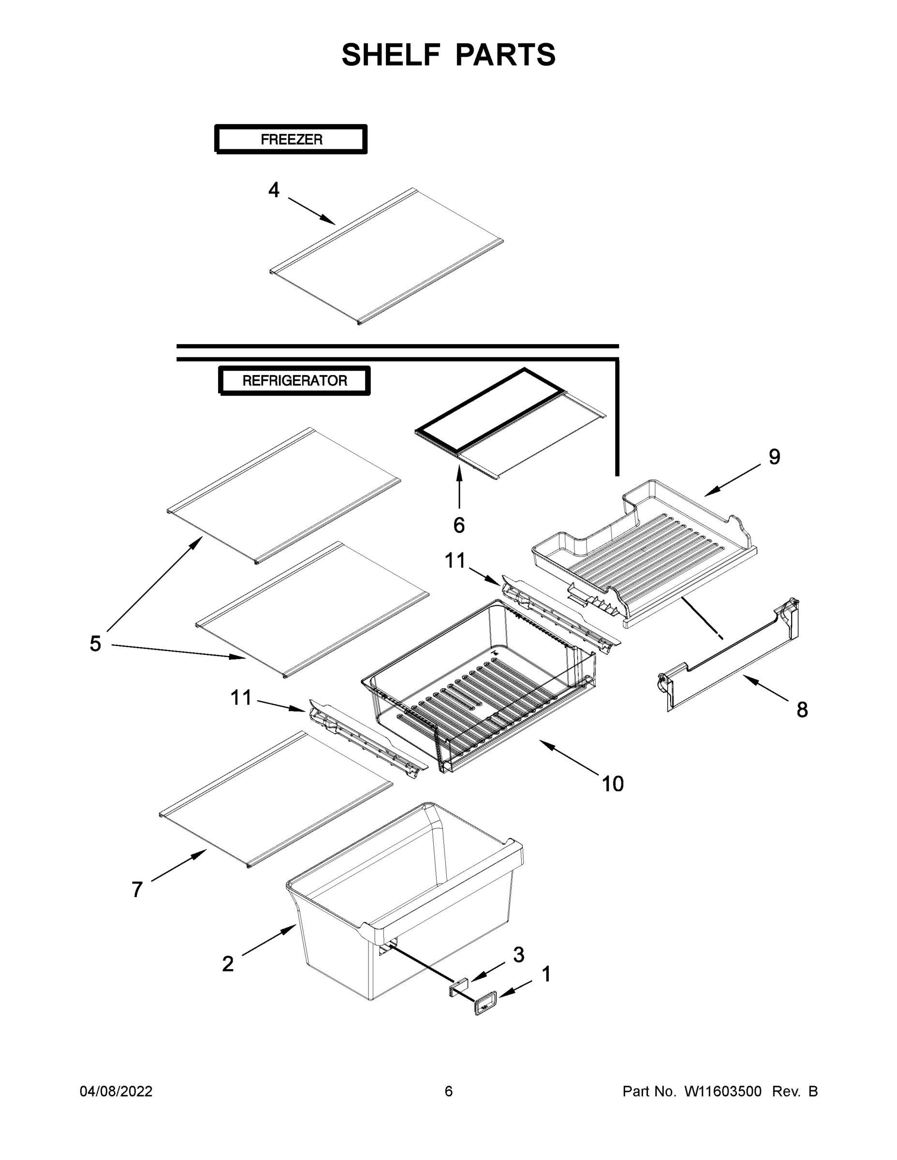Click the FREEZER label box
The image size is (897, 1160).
point(291,140)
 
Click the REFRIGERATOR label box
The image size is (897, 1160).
point(294,380)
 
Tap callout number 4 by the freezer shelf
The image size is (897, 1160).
point(274,189)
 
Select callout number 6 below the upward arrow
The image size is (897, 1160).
point(459,525)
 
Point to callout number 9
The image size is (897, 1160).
point(774,456)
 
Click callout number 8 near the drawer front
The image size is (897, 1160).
point(802,710)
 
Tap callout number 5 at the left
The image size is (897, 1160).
point(95,643)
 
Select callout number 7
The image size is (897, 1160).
point(137,889)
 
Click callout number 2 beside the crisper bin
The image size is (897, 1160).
point(227,963)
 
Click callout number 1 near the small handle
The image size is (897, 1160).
point(546,974)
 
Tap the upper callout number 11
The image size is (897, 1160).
point(455,560)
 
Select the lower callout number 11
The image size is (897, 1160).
point(241,697)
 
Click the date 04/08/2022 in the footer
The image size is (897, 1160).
point(116,1091)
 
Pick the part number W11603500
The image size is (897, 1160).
point(723,1091)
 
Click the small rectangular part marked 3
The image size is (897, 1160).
point(458,987)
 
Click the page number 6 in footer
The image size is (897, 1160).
point(449,1091)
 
